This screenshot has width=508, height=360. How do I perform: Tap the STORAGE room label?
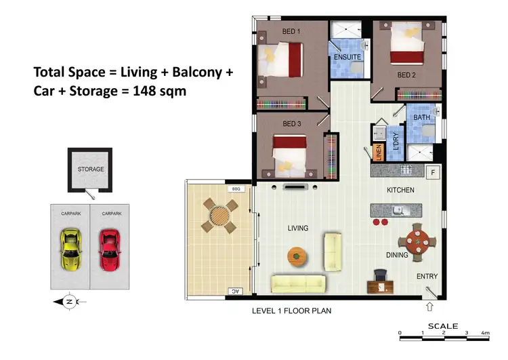[91, 169]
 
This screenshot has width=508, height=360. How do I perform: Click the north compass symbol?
[69, 301]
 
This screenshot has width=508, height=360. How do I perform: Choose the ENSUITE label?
[347, 58]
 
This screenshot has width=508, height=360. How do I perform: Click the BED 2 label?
[407, 75]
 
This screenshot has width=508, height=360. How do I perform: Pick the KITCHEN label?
[400, 191]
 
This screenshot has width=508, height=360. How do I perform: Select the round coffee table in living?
[296, 256]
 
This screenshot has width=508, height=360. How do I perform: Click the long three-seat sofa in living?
[298, 283]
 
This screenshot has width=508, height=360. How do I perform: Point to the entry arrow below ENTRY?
[429, 306]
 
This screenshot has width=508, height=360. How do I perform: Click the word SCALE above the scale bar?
[444, 326]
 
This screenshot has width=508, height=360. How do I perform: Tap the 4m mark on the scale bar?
[485, 333]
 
